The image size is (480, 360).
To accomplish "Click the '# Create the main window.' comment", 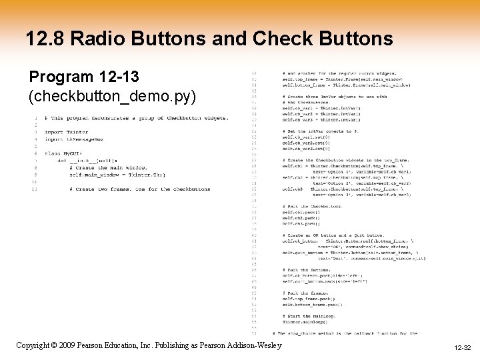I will click(106, 168).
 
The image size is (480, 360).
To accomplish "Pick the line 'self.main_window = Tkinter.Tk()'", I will click(117, 175).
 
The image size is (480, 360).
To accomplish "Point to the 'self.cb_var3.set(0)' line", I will click(306, 148).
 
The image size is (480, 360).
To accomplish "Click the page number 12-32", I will click(462, 348).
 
